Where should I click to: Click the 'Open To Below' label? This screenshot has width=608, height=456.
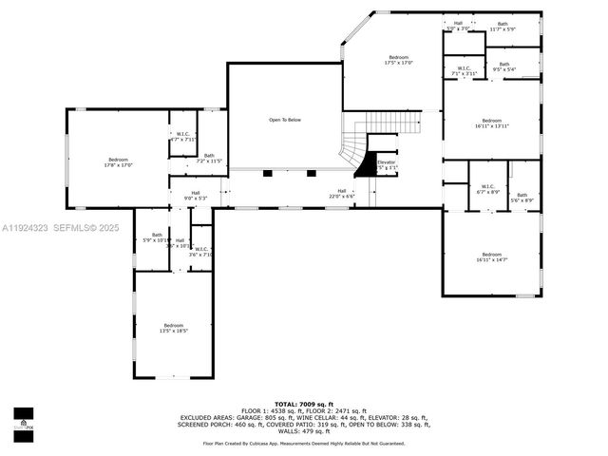[285, 120]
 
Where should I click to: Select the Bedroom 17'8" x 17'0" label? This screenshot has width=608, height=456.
[118, 162]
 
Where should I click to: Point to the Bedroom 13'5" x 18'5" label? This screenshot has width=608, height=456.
[173, 328]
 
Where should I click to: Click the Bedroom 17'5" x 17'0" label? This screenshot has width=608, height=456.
[398, 60]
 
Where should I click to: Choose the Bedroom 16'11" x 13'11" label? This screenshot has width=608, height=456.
[491, 123]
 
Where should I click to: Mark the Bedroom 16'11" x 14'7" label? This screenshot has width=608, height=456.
[491, 256]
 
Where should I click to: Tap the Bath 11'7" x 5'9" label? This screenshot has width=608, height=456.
[503, 27]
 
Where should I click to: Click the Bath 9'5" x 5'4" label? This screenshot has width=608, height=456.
[504, 66]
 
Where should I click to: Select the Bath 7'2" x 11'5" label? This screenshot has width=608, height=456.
[209, 159]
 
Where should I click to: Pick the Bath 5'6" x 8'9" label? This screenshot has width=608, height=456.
[522, 198]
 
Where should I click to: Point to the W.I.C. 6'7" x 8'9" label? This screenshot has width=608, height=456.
[487, 189]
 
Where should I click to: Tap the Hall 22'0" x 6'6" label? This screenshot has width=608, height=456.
[341, 193]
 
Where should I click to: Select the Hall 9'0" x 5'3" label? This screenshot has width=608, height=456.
[195, 196]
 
